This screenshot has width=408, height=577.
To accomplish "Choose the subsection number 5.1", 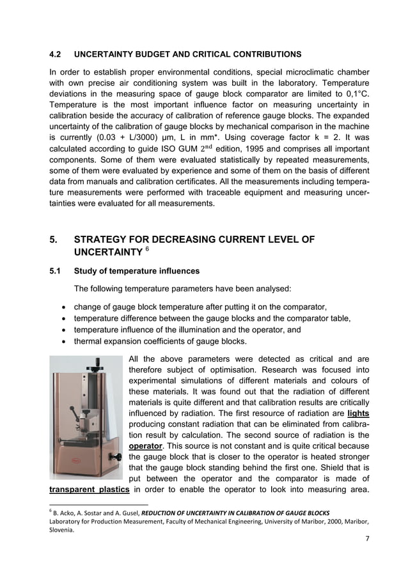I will point(55,271).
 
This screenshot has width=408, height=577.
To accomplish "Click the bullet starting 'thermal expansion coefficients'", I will point(160,342).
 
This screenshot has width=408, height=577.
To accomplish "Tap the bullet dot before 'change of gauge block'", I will point(62,307).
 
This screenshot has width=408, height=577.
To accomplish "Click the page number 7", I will point(367,539).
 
